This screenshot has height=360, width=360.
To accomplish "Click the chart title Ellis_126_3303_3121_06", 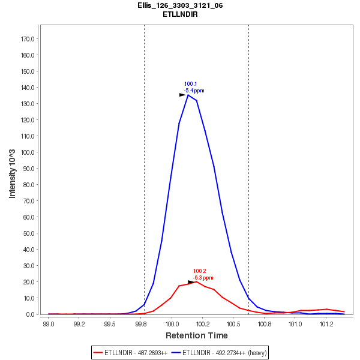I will pos(180,5).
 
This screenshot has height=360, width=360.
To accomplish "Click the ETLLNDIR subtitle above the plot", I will pos(180,14).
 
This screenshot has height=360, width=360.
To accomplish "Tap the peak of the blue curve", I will pos(188,95).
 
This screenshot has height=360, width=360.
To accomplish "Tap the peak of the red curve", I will pos(196,281).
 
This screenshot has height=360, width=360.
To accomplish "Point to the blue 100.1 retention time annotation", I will pos(190,84).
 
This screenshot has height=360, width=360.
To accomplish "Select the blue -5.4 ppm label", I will pos(194,91).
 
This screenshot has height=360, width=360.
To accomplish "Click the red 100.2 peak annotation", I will pos(200,271).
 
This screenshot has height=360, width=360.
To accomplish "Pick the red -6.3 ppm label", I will pos(203,278).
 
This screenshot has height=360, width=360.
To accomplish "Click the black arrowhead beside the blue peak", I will pos(182,95).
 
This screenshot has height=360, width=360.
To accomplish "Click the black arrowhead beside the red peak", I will pos(191,281).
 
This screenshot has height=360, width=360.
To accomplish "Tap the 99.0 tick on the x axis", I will pos(49,323).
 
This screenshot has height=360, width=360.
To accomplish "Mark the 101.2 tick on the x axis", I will pos(326,323).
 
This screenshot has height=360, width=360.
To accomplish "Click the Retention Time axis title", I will pos(196,335).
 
